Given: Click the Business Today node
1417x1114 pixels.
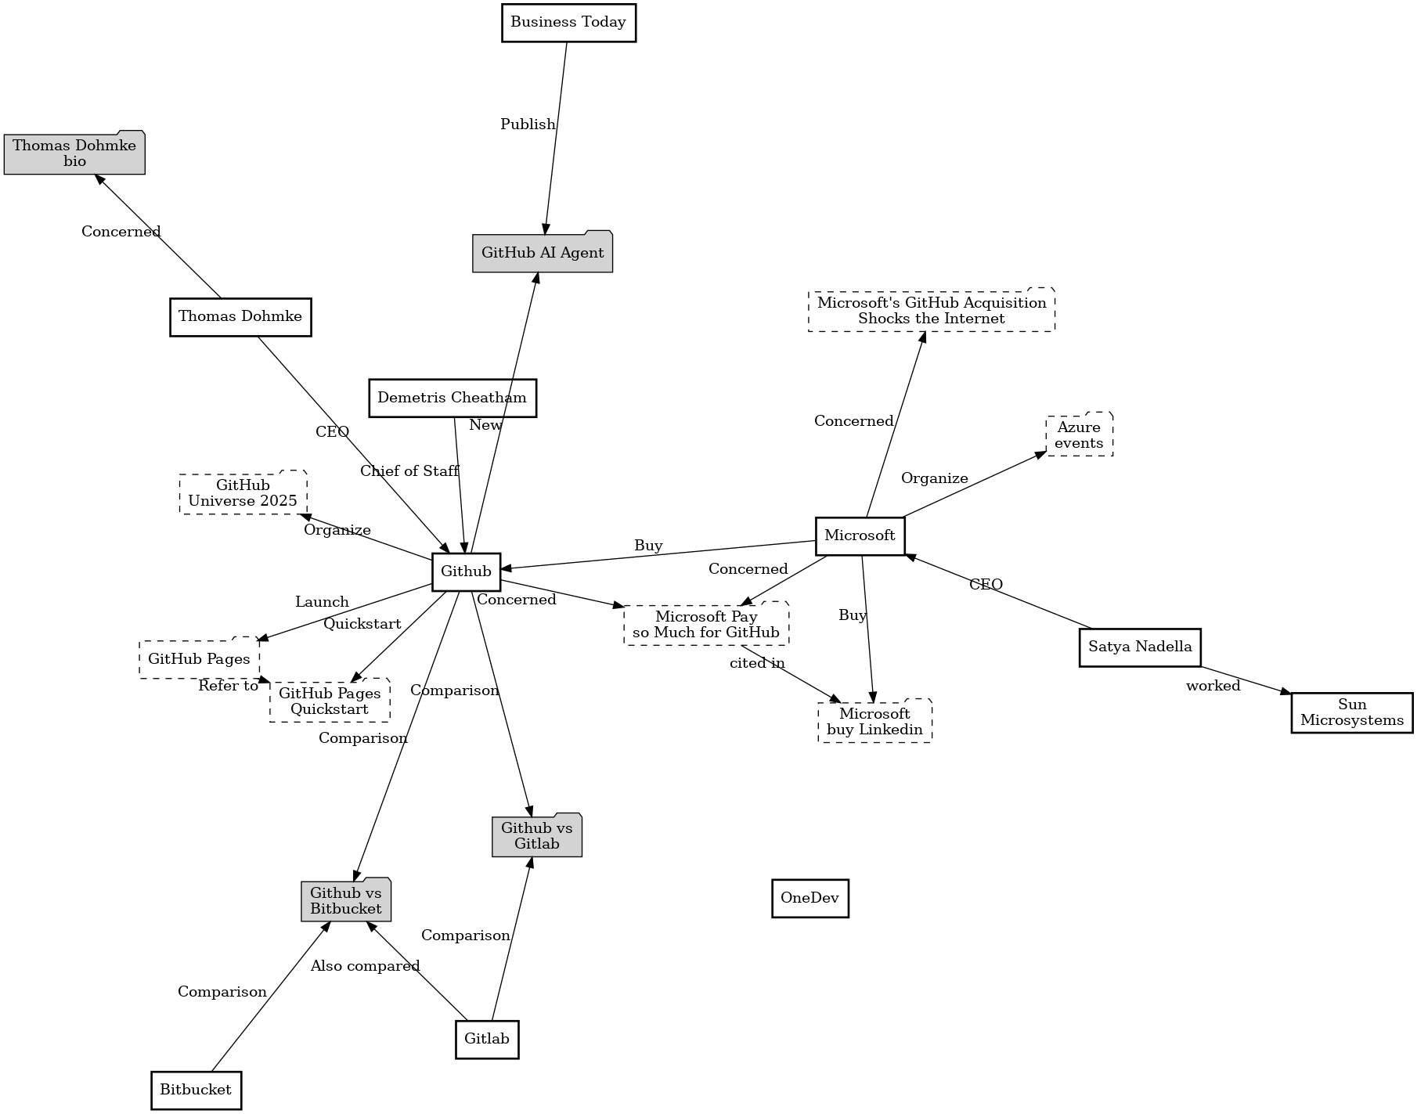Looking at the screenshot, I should pos(568,23).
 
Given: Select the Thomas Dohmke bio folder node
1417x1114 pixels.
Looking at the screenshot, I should pos(74,153).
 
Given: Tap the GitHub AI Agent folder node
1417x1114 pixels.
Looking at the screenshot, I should pos(543,253).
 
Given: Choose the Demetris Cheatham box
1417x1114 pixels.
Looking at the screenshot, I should pos(453,398).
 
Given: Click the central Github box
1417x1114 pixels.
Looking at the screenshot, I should pos(466,571).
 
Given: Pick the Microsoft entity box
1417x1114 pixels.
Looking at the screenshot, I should pos(860,535).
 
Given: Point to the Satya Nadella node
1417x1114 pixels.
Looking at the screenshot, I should pos(1140,647).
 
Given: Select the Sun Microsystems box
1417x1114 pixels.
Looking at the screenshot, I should pos(1352,712).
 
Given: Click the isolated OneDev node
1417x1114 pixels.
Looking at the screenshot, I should pos(809,898).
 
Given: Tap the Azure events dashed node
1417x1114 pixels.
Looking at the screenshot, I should pos(1079,435).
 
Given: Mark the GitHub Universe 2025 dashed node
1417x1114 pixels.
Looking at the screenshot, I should pos(243,493).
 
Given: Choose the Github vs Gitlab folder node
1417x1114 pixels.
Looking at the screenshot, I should pos(537,836).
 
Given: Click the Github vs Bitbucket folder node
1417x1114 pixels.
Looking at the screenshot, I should pos(346,901).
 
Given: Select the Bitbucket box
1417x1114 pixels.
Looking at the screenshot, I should pos(196,1090).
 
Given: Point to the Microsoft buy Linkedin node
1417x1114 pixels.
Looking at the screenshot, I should pos(874,722).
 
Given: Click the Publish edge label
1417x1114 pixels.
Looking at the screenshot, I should pos(528,124).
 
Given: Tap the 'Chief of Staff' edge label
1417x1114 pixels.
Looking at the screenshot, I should pos(409,471).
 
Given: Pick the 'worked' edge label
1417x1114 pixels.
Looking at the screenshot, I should pos(1213,687).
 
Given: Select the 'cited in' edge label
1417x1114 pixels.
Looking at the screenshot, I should pos(757,664).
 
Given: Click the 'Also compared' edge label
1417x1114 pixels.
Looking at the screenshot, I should pos(365,966).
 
